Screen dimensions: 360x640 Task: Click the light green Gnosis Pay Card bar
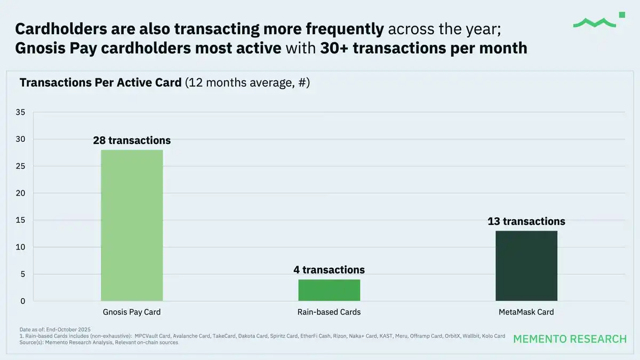[132, 226]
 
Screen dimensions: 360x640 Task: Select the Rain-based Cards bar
[329, 290]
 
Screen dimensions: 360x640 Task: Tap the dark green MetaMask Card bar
[526, 266]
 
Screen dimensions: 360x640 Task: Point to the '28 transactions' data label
[132, 141]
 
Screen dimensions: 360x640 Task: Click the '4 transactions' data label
[329, 270]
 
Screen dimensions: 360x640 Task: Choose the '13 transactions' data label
[526, 221]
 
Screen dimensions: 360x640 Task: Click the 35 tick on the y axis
[21, 113]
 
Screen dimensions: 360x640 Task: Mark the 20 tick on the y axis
[21, 194]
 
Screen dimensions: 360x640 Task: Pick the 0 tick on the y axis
[23, 301]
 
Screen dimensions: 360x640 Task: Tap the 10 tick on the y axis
[21, 247]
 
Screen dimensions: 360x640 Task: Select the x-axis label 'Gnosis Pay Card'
[132, 312]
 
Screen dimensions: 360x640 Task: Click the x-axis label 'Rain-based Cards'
[329, 312]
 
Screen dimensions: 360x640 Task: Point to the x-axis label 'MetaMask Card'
[526, 312]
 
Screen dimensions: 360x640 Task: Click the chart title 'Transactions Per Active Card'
[100, 83]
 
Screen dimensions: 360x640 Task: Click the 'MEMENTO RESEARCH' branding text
[570, 339]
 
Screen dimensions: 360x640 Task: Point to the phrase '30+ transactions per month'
[423, 49]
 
